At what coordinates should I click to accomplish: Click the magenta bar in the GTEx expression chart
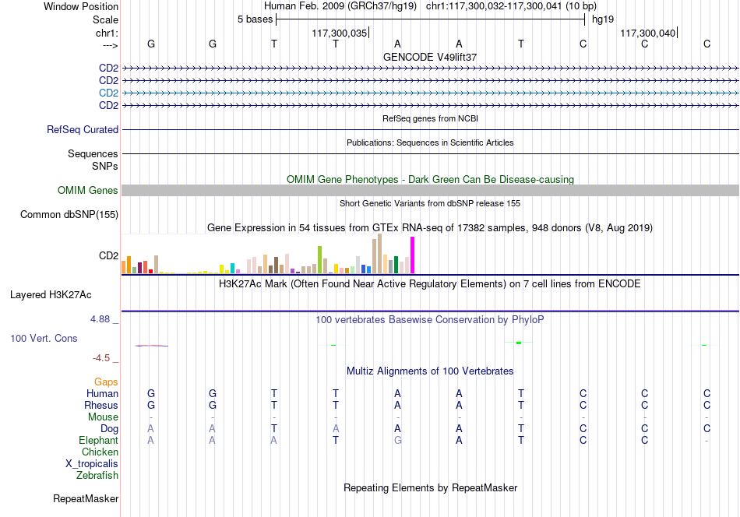pyautogui.click(x=413, y=255)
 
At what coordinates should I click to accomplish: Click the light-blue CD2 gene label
pyautogui.click(x=108, y=93)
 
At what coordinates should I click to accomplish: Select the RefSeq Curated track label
pyautogui.click(x=83, y=130)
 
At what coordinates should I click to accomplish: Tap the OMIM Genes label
pyautogui.click(x=88, y=190)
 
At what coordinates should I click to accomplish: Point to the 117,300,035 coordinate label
pyautogui.click(x=340, y=33)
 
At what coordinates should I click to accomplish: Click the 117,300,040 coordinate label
pyautogui.click(x=647, y=33)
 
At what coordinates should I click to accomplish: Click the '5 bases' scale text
pyautogui.click(x=255, y=19)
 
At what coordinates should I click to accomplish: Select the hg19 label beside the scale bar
pyautogui.click(x=603, y=19)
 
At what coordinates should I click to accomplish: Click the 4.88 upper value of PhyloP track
pyautogui.click(x=100, y=319)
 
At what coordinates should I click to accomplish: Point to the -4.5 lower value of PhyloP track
pyautogui.click(x=101, y=358)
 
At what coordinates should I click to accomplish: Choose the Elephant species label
pyautogui.click(x=99, y=440)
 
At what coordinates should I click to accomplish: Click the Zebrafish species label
pyautogui.click(x=97, y=475)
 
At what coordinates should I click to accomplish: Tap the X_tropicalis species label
pyautogui.click(x=92, y=464)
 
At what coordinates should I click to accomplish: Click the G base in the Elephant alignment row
pyautogui.click(x=398, y=440)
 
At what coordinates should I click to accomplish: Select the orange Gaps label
pyautogui.click(x=106, y=382)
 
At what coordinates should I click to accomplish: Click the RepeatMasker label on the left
pyautogui.click(x=86, y=498)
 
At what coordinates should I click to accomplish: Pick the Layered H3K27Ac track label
pyautogui.click(x=51, y=295)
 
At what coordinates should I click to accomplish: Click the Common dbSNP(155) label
pyautogui.click(x=69, y=215)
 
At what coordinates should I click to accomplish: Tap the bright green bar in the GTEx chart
pyautogui.click(x=319, y=260)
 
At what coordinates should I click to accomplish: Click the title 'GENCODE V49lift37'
pyautogui.click(x=430, y=57)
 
